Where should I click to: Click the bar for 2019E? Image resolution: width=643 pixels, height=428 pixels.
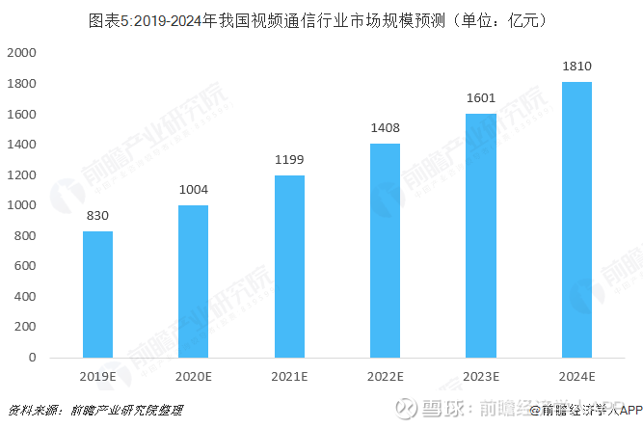[97, 294]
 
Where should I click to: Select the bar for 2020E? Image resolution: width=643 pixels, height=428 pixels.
[193, 281]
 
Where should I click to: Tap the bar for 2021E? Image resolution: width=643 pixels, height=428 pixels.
[289, 266]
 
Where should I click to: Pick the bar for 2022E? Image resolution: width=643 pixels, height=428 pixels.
[385, 251]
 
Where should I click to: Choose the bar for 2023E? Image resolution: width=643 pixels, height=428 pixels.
[480, 235]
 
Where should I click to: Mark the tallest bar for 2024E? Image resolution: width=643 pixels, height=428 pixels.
[576, 220]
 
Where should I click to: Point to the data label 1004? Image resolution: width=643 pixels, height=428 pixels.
[193, 190]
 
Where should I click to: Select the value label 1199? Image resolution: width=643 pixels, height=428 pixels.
[289, 160]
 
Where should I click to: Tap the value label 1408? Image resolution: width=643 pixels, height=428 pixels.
[385, 128]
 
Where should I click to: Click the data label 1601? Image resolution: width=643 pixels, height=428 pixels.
[480, 98]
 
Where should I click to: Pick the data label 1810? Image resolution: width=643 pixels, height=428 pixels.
[576, 67]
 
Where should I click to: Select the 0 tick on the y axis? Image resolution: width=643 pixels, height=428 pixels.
[33, 358]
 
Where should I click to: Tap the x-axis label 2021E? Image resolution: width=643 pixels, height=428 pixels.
[289, 376]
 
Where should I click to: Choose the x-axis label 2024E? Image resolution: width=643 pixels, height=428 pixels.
[576, 376]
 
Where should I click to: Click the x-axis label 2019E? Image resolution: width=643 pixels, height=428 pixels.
[97, 376]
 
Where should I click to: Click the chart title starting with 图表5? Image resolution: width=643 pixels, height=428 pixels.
[321, 18]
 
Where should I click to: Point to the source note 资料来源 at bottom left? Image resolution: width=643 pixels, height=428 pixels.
[96, 411]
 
